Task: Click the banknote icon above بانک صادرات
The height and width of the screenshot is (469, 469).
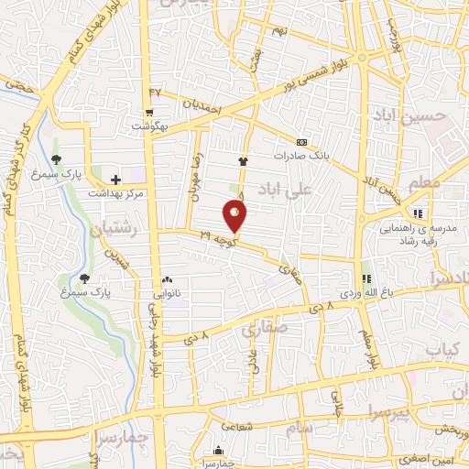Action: point(301,142)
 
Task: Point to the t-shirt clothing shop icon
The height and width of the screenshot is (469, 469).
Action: point(243,160)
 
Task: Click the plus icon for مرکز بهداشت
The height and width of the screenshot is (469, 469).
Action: point(115,180)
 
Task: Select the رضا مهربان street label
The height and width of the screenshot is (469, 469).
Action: point(194,172)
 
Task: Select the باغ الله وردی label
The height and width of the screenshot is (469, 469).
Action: point(366,292)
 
